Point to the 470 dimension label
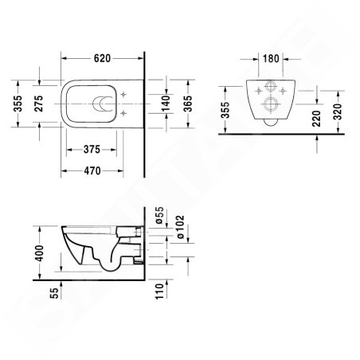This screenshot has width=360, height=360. (x=98, y=170)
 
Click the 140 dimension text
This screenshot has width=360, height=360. (x=166, y=104)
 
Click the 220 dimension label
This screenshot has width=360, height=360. (x=319, y=119)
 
